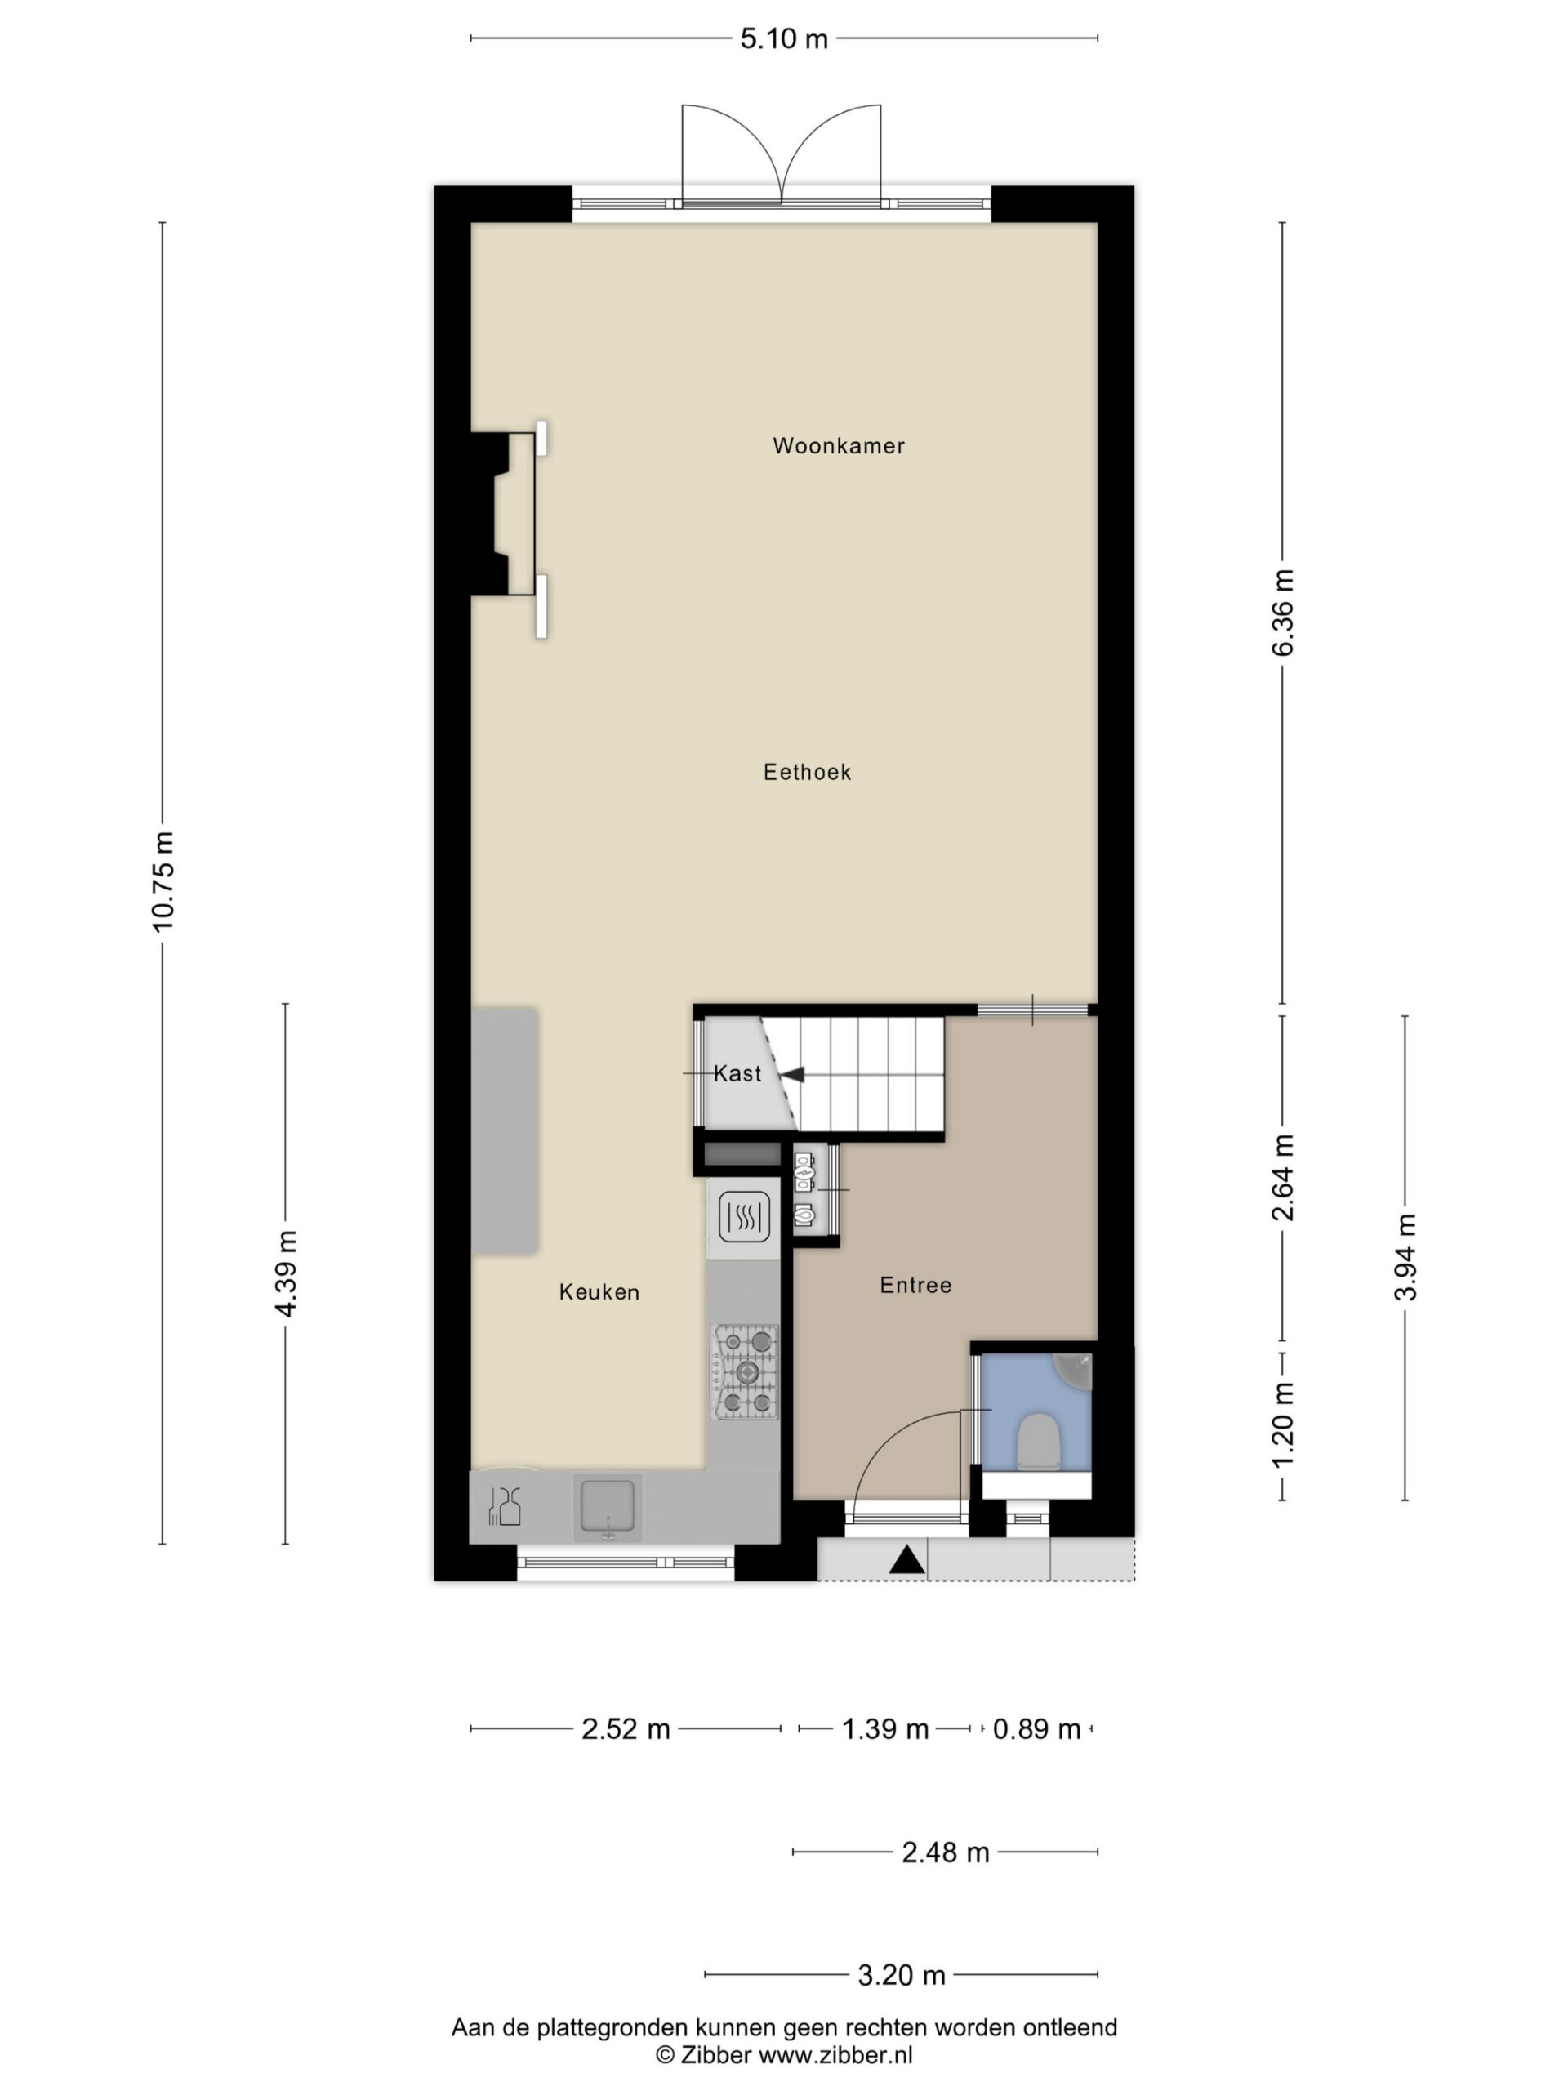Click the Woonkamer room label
pyautogui.click(x=839, y=445)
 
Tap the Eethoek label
pyautogui.click(x=807, y=773)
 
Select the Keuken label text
pyautogui.click(x=599, y=1292)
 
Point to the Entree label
pyautogui.click(x=915, y=1286)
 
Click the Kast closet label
pyautogui.click(x=737, y=1074)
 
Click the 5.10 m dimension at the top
pyautogui.click(x=783, y=38)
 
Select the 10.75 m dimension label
pyautogui.click(x=163, y=882)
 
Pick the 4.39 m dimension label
pyautogui.click(x=286, y=1273)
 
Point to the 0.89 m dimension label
pyautogui.click(x=1037, y=1729)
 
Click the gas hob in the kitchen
pyautogui.click(x=746, y=1371)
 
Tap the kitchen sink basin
pyautogui.click(x=608, y=1507)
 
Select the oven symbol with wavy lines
pyautogui.click(x=745, y=1216)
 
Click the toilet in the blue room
pyautogui.click(x=1037, y=1442)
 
